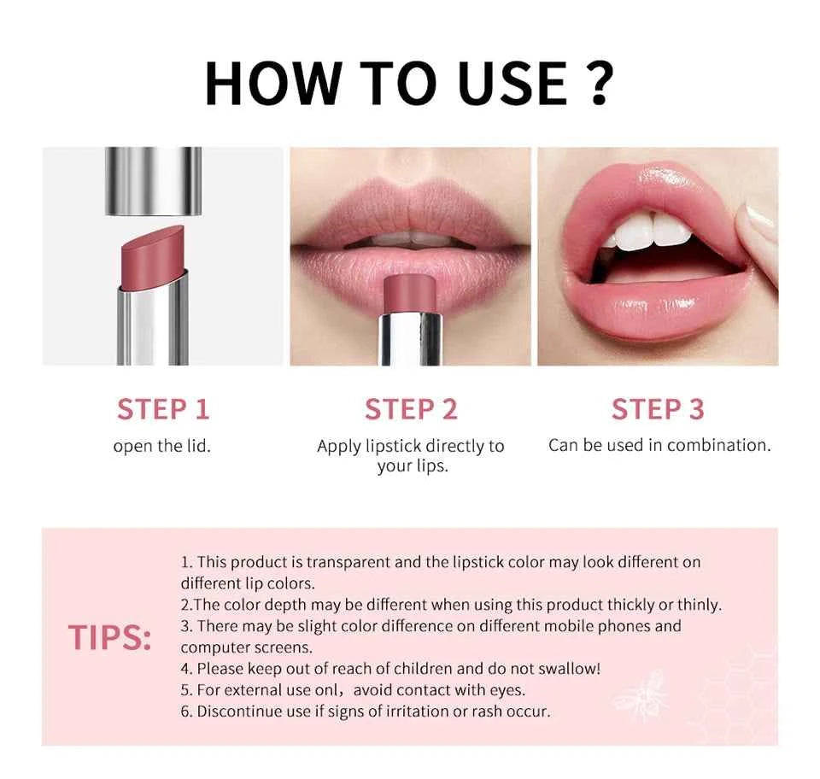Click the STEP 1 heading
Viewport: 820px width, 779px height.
click(163, 409)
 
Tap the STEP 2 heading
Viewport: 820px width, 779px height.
click(411, 409)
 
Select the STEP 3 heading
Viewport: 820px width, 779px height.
click(658, 409)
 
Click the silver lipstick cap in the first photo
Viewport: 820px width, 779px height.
click(153, 180)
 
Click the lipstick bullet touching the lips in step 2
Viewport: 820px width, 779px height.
click(411, 294)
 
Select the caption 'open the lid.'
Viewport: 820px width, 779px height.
click(161, 446)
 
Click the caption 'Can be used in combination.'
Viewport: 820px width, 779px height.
click(659, 445)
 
